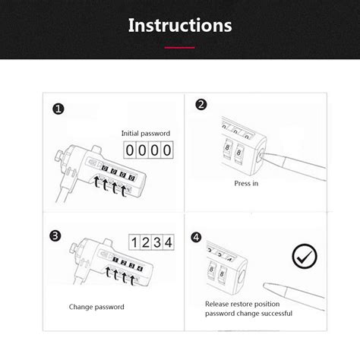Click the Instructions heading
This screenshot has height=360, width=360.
[x=180, y=26]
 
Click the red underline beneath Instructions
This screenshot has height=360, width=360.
[x=180, y=47]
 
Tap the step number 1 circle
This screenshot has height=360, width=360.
[x=58, y=109]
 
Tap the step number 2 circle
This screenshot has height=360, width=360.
[x=202, y=106]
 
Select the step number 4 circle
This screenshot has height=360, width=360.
[x=197, y=237]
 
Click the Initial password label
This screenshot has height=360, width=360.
[x=146, y=134]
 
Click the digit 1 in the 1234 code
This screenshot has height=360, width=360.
[x=135, y=243]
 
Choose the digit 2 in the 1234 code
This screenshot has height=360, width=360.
[x=147, y=243]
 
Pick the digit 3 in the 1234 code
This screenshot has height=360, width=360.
[x=157, y=243]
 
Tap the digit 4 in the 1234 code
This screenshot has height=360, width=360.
[x=169, y=243]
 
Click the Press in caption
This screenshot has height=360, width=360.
[x=246, y=184]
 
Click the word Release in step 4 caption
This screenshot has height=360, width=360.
[x=218, y=304]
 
